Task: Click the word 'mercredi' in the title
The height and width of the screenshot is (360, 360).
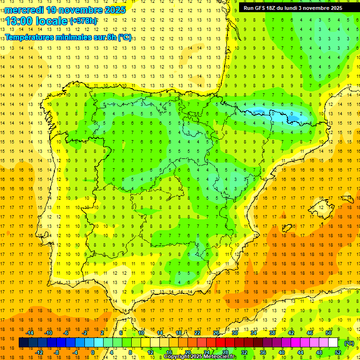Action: (x=25, y=9)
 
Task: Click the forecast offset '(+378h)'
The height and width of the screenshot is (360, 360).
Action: (x=83, y=21)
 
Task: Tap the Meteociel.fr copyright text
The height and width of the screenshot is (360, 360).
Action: (x=200, y=357)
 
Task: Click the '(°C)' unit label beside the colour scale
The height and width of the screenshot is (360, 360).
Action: (x=349, y=343)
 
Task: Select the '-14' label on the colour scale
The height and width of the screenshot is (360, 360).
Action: (x=30, y=333)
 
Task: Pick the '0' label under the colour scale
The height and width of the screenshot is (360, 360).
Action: (x=93, y=352)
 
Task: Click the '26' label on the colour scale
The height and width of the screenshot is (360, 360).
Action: (x=216, y=333)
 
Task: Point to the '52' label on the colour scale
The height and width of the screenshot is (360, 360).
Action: (x=338, y=352)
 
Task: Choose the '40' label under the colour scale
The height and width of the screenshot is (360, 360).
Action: (x=282, y=352)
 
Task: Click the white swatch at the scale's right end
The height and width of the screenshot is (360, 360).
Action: (x=333, y=343)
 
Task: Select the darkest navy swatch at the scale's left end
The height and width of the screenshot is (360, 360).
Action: (x=23, y=343)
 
